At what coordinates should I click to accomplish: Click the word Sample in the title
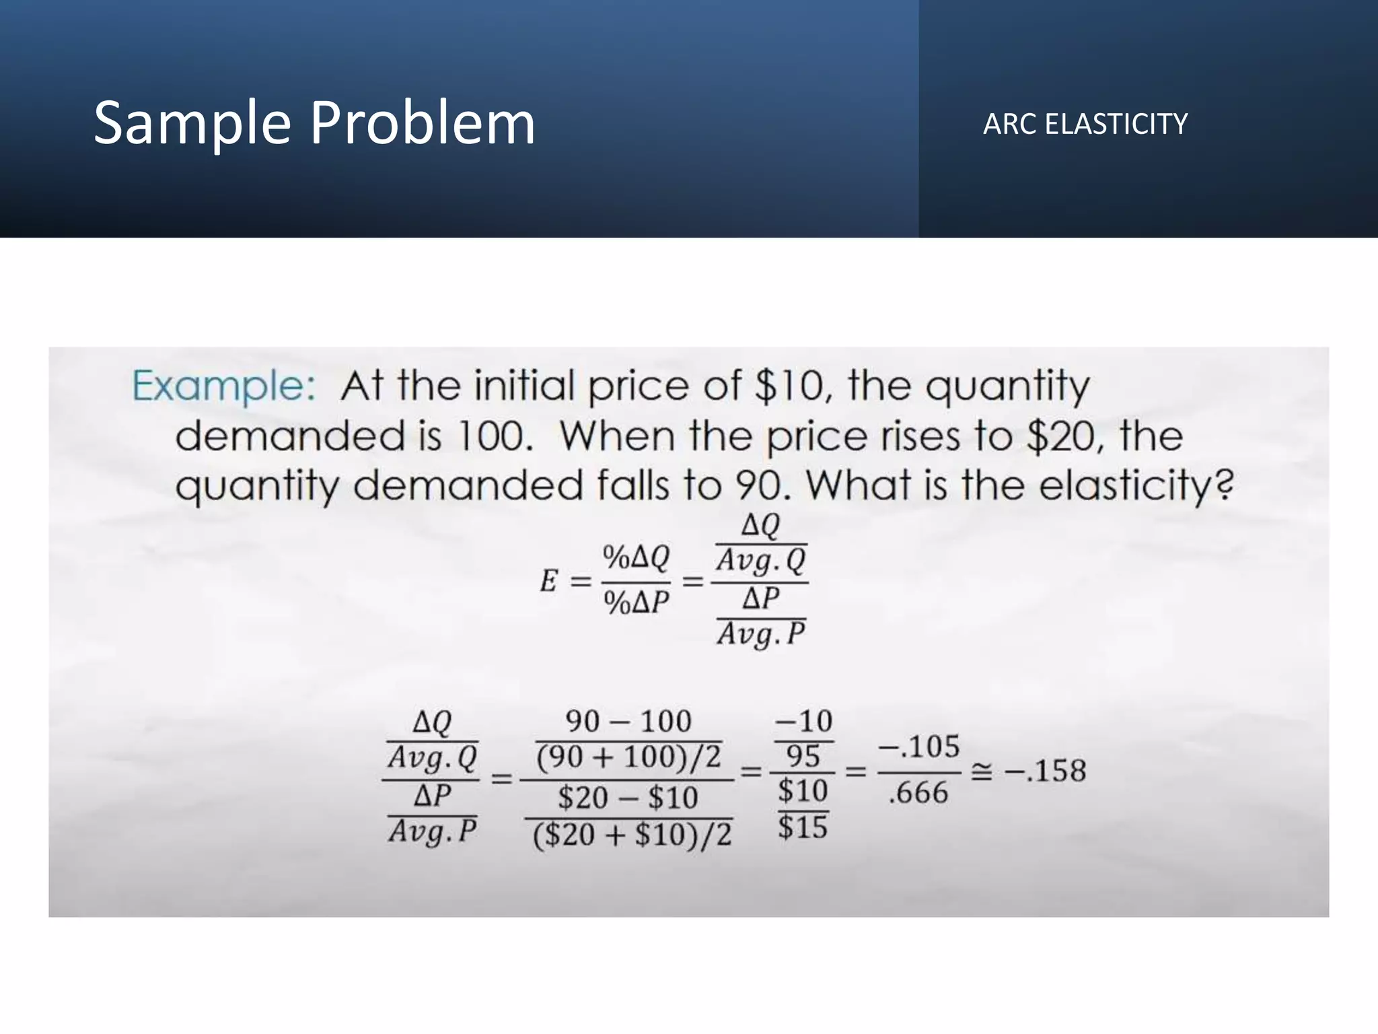(191, 124)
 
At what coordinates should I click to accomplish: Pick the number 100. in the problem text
(495, 436)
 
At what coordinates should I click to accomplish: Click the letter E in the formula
(549, 580)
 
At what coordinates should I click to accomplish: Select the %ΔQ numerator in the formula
(636, 557)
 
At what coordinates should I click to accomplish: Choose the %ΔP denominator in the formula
(636, 602)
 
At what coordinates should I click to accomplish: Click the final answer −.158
(1045, 771)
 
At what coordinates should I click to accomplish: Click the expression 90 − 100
(628, 722)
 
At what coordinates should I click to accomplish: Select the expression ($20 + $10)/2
(631, 835)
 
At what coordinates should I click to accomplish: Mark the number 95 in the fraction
(803, 757)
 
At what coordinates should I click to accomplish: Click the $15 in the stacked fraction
(803, 827)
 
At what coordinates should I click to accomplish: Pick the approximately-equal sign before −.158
(981, 773)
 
